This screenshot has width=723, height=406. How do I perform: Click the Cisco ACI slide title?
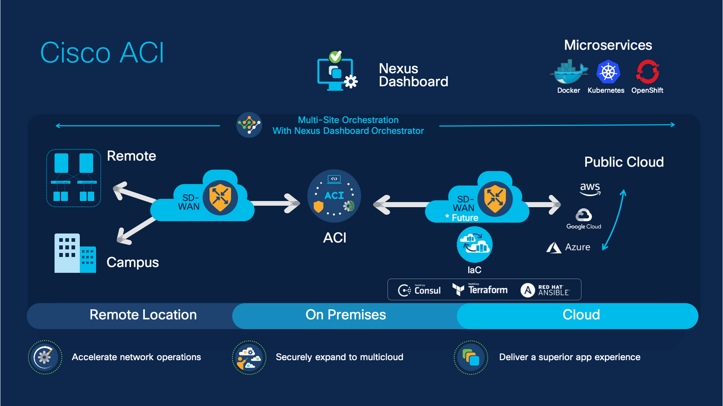click(x=102, y=53)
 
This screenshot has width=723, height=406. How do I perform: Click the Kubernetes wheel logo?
click(x=607, y=72)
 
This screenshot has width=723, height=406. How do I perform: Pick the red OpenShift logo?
click(x=647, y=72)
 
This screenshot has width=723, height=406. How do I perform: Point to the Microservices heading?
click(x=608, y=45)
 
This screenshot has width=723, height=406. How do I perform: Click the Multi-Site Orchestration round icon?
click(x=249, y=125)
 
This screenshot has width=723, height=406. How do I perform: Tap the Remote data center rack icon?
click(x=74, y=178)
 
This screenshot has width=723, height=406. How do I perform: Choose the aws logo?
click(x=590, y=189)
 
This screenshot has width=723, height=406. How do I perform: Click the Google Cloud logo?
click(x=584, y=219)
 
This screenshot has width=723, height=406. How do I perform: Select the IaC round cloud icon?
click(x=474, y=245)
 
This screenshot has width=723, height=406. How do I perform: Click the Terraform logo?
click(x=480, y=290)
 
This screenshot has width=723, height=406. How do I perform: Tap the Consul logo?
click(x=420, y=291)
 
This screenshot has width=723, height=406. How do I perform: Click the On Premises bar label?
click(x=346, y=315)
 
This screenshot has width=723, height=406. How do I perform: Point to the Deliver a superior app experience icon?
click(x=471, y=357)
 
